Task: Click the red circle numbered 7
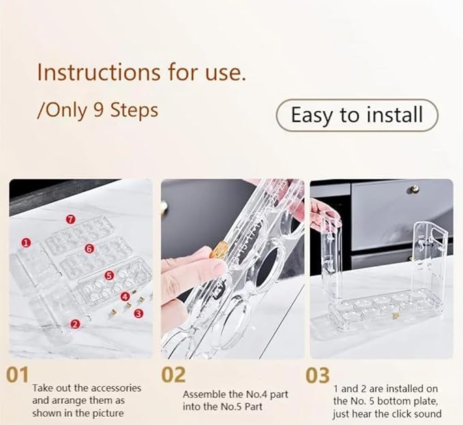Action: pyautogui.click(x=70, y=219)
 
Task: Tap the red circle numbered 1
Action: pyautogui.click(x=26, y=243)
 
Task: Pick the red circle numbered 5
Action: pyautogui.click(x=109, y=276)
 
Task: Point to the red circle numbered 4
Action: pyautogui.click(x=125, y=297)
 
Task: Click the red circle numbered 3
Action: pyautogui.click(x=138, y=313)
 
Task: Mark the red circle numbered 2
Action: pyautogui.click(x=75, y=324)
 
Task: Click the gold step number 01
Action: pyautogui.click(x=18, y=375)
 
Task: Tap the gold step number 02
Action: pyautogui.click(x=173, y=375)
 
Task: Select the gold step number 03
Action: pyautogui.click(x=318, y=375)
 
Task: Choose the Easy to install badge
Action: pyautogui.click(x=357, y=115)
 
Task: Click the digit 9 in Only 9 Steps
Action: pyautogui.click(x=99, y=110)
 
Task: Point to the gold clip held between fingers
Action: pyautogui.click(x=219, y=249)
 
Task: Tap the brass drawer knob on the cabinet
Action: pyautogui.click(x=415, y=189)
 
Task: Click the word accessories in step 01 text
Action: pyautogui.click(x=117, y=387)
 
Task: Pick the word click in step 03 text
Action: pyautogui.click(x=400, y=413)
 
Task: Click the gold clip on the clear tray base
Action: pyautogui.click(x=395, y=316)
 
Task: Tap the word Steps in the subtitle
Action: pyautogui.click(x=134, y=110)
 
